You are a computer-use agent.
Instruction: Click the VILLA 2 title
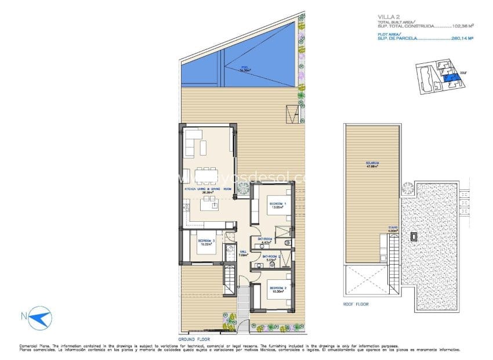click(x=386, y=17)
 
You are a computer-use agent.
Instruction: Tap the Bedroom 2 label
click(x=276, y=289)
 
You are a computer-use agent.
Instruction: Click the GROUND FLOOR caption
click(x=194, y=339)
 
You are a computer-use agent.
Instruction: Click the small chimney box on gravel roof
click(x=413, y=237)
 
